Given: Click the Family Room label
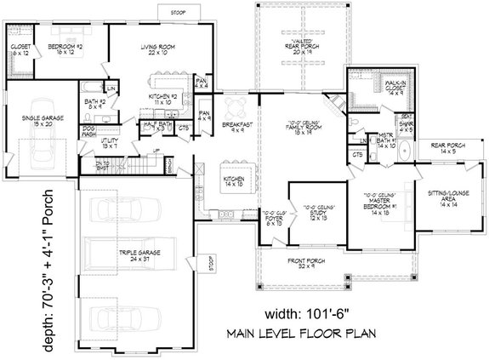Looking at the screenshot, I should [x=303, y=129].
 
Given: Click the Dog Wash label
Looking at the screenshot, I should [x=89, y=134].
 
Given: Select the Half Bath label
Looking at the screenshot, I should [x=157, y=126].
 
